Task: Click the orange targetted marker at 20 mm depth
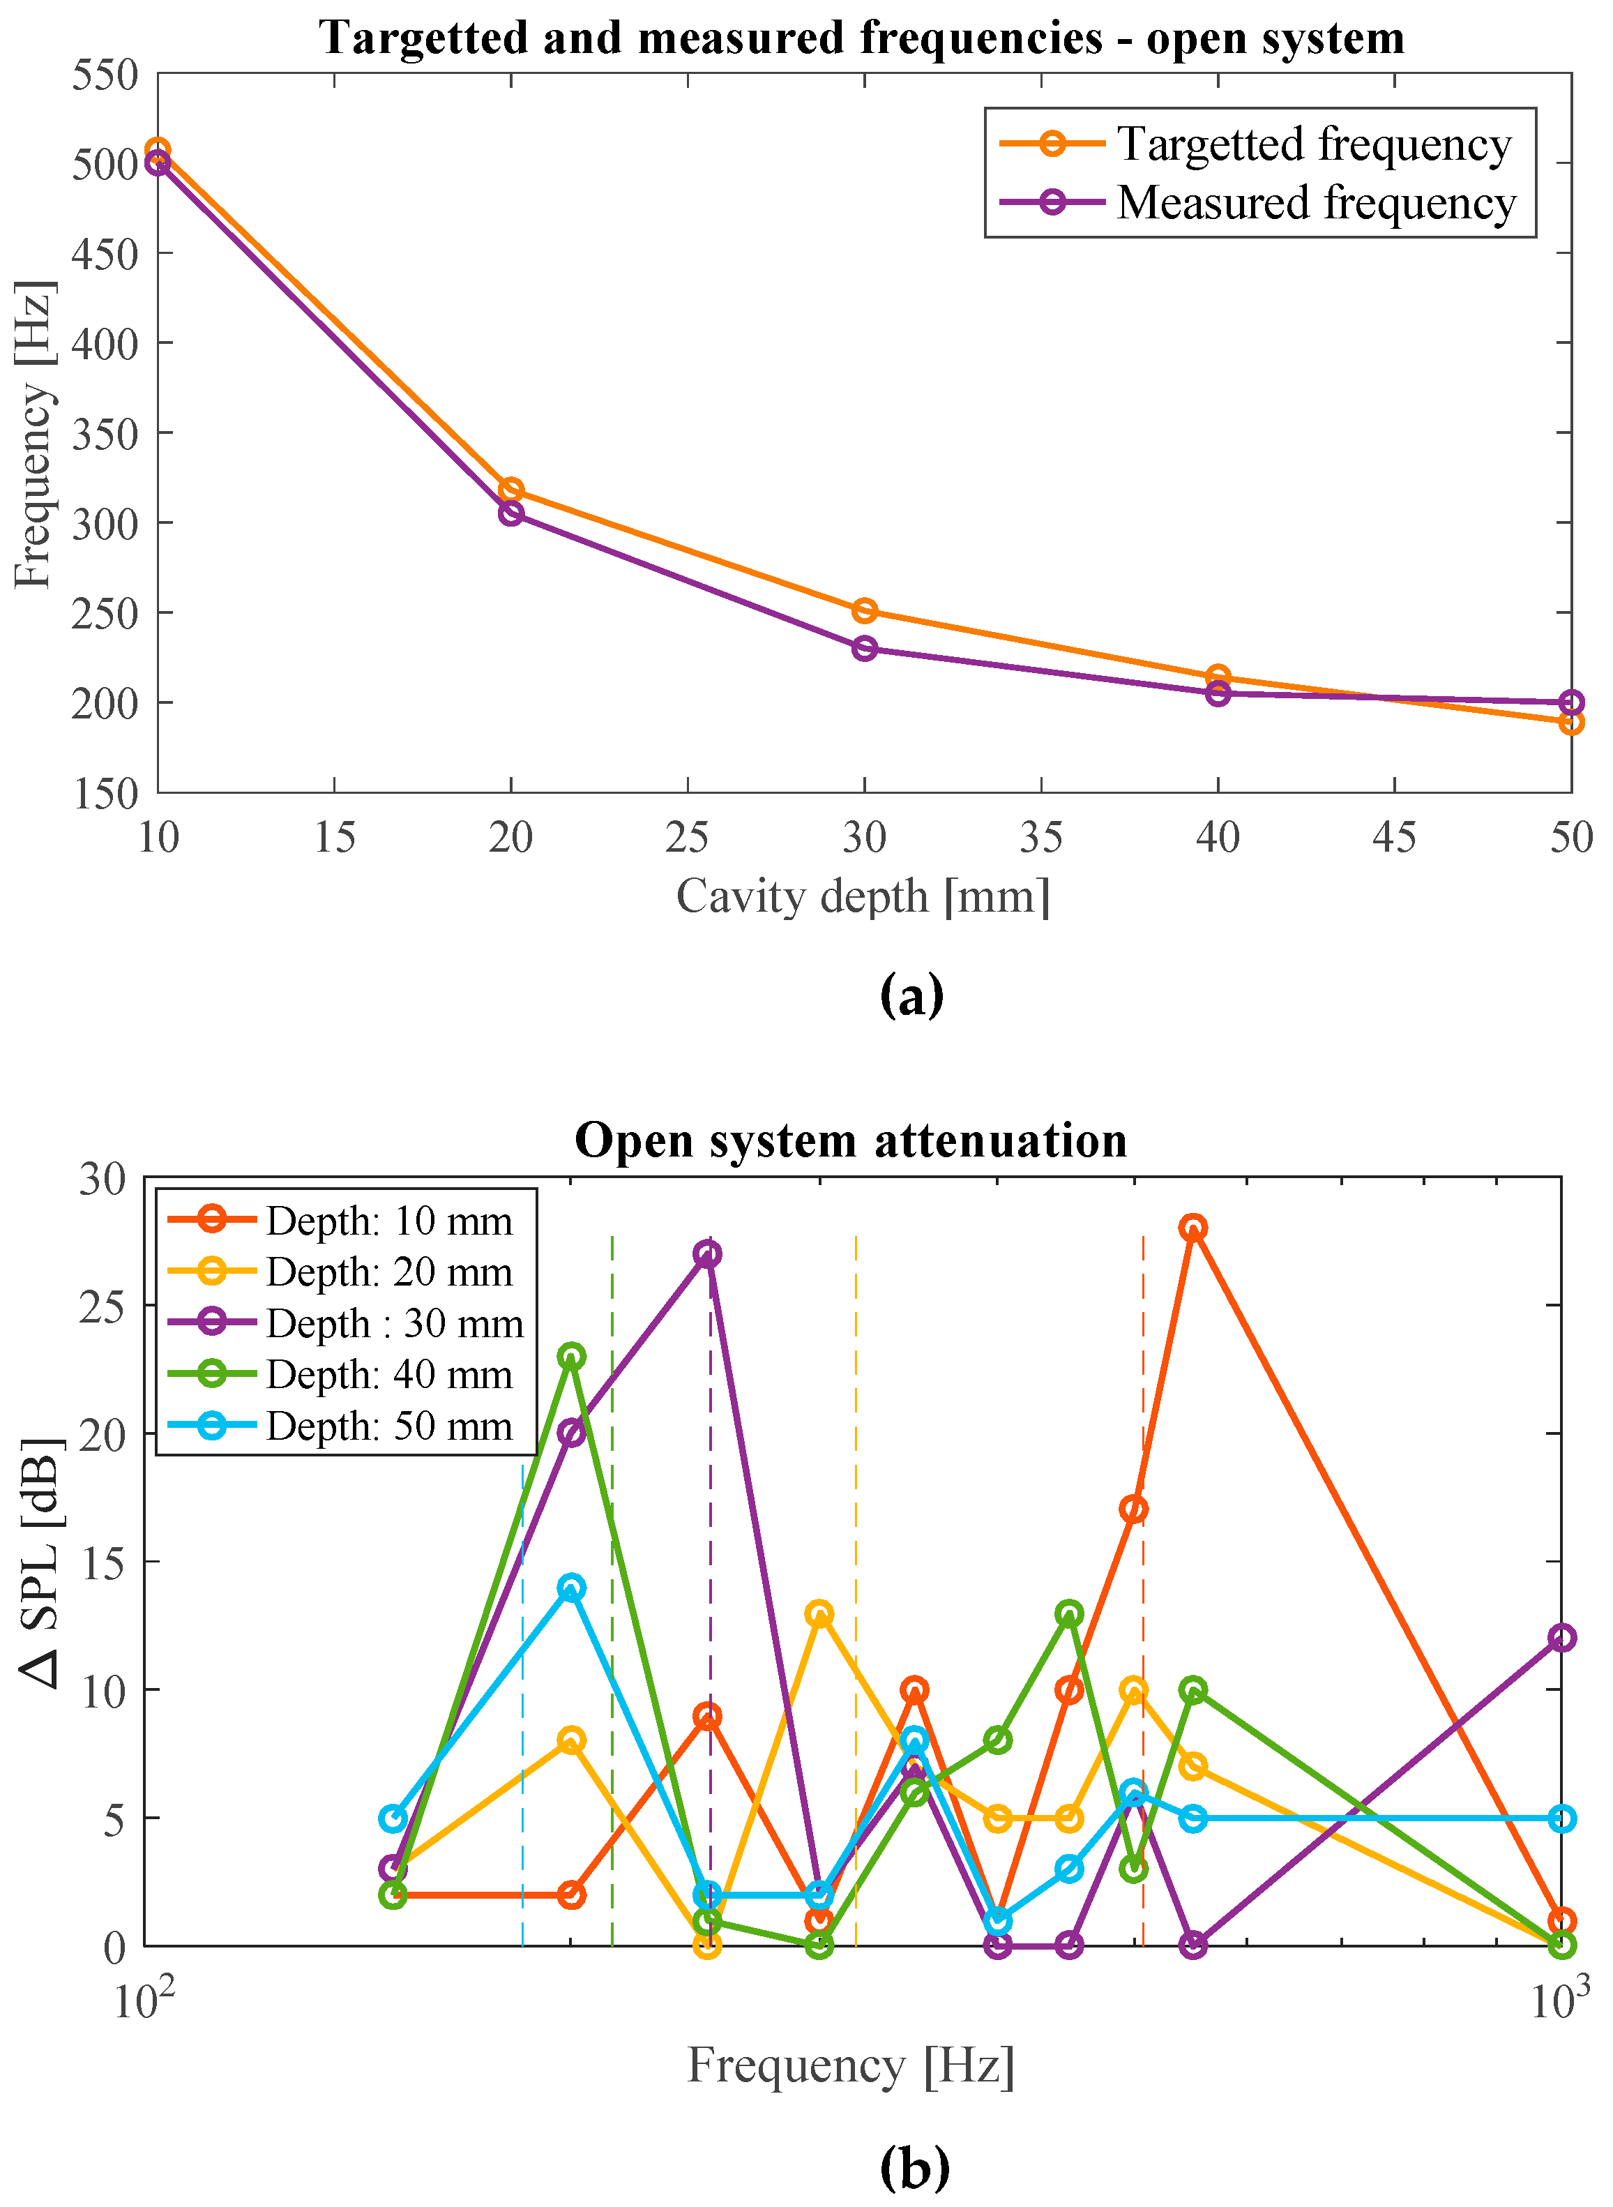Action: coord(510,490)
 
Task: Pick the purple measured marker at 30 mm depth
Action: coord(864,649)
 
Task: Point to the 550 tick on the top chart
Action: coord(105,75)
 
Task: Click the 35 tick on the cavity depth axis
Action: coord(1041,837)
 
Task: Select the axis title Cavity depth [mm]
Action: coord(863,896)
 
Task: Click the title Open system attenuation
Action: coord(851,1140)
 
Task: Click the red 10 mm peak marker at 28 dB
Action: coord(1192,1228)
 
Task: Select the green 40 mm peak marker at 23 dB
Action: coord(572,1357)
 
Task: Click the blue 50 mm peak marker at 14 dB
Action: coord(572,1588)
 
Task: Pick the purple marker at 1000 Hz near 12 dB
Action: coord(1561,1638)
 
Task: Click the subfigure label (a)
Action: coord(912,996)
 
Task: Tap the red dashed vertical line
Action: coord(1144,1562)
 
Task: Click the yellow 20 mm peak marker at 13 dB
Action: coord(819,1613)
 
